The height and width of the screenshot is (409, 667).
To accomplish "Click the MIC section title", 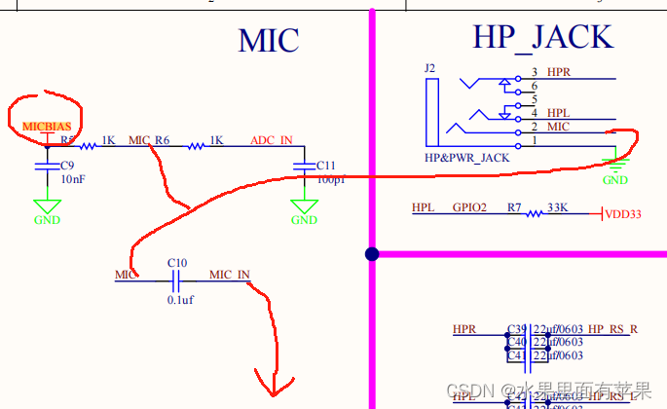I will point(269,40).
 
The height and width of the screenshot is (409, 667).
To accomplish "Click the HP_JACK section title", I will point(543,37).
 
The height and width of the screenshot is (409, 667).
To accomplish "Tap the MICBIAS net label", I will point(47,127).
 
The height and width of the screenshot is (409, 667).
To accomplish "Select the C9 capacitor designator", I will point(67,166).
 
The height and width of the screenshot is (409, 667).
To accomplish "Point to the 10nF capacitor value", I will point(73,180).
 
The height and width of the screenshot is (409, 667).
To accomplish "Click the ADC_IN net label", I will point(271,140).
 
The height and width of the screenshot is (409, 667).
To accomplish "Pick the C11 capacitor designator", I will point(325,166).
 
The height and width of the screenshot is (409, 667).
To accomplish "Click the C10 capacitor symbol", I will point(176,280).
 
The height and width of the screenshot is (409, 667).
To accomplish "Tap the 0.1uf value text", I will point(180,300).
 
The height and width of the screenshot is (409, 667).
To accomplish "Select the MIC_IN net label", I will point(229,275).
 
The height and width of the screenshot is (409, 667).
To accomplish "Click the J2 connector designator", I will point(430,68).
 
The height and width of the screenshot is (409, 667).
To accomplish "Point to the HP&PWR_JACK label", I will point(467,157).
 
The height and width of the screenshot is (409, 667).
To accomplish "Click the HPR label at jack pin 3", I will point(559,72).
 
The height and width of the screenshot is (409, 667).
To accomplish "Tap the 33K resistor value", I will point(558,207).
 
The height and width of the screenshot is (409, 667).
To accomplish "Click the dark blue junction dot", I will point(372,254).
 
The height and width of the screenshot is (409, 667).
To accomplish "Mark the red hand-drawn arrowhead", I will point(274,382).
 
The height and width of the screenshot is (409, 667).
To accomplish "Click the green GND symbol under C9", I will point(47,207).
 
